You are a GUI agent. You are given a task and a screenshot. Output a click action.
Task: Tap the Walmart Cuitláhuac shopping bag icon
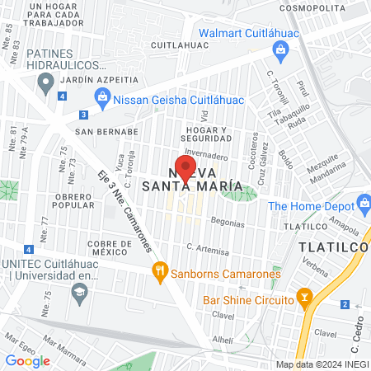click(281, 50)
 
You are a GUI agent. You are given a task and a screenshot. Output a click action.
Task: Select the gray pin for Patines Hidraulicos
click(46, 81)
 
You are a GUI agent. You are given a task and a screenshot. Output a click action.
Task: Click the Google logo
click(27, 360)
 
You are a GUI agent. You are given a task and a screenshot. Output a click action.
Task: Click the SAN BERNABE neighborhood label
click(106, 131)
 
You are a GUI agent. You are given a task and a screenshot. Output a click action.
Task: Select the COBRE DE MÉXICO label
click(102, 249)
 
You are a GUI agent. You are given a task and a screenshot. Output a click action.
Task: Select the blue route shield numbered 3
click(83, 115)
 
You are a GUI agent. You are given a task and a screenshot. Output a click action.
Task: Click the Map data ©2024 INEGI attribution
click(322, 364)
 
